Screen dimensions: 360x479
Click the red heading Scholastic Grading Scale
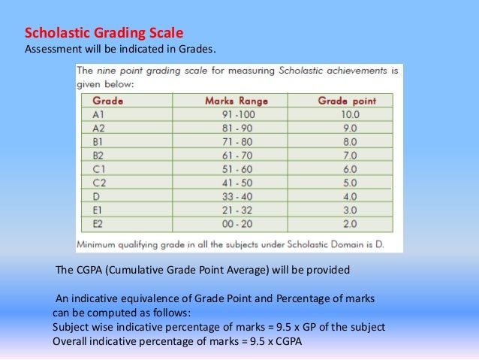tap(104, 34)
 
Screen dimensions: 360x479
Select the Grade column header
tap(107, 100)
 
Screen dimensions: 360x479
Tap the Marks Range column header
tap(232, 100)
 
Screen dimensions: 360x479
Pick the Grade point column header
tap(346, 100)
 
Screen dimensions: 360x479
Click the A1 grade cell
tap(98, 114)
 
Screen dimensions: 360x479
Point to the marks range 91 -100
tap(232, 114)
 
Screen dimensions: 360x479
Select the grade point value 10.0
tap(350, 114)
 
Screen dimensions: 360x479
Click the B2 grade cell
tap(98, 156)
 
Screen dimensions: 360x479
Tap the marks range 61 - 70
tap(232, 156)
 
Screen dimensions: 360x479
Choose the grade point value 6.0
tap(350, 169)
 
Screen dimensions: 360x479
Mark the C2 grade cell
tap(98, 183)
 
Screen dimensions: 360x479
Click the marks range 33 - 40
tap(232, 196)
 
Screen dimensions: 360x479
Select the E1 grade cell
tap(98, 210)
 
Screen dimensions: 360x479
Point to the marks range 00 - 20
tap(232, 223)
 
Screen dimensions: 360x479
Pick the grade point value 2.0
tap(350, 223)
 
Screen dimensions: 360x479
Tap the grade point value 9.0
tap(350, 128)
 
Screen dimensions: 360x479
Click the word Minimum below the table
tap(99, 244)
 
